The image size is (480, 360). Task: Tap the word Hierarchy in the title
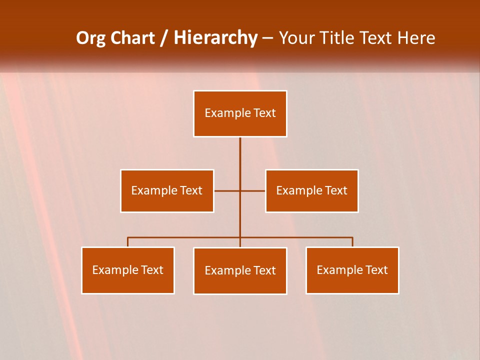pos(215,38)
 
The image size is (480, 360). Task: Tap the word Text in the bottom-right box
pos(376,270)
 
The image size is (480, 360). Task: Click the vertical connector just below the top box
pos(240,150)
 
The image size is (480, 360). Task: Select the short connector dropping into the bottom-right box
pos(352,242)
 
